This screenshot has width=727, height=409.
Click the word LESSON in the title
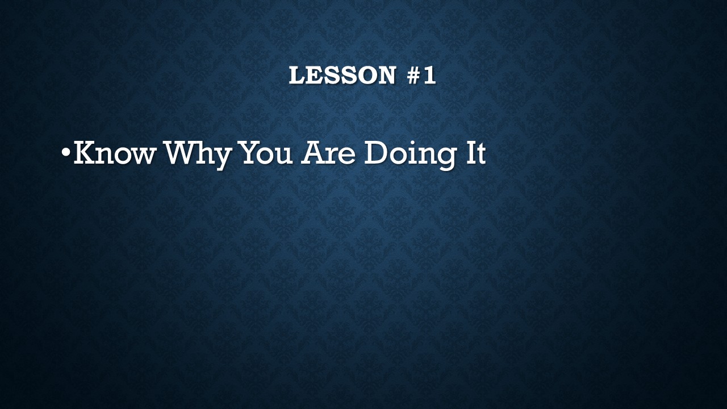click(x=342, y=75)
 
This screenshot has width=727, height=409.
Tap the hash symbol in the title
click(x=414, y=75)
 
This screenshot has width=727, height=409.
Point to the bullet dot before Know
click(x=65, y=152)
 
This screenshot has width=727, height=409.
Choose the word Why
click(x=199, y=155)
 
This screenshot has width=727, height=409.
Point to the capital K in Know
click(x=86, y=152)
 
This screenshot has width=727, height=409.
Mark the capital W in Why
click(x=182, y=152)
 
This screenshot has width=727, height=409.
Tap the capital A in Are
click(x=312, y=152)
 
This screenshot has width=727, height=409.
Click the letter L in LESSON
click(x=297, y=75)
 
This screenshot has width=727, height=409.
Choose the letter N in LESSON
click(x=387, y=75)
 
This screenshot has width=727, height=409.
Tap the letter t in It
click(x=481, y=153)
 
